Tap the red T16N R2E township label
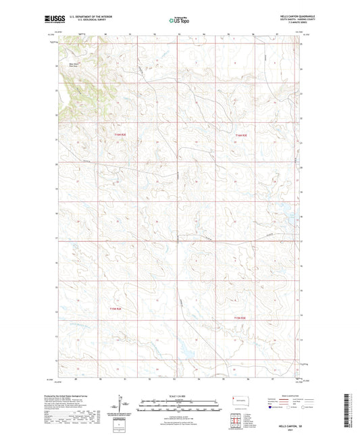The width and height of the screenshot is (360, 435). point(120,134)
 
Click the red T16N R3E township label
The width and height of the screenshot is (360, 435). point(241,135)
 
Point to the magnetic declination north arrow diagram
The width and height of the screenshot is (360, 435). point(123,407)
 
